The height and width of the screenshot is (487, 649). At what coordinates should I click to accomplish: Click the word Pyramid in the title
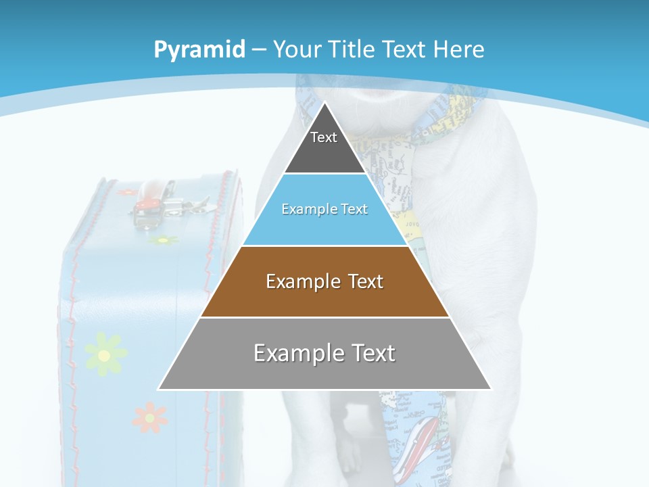(x=199, y=50)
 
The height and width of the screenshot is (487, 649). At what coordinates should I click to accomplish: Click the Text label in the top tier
(x=324, y=137)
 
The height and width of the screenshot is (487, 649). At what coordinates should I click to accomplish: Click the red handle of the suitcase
(x=150, y=196)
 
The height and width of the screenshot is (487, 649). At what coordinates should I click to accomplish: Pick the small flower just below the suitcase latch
(x=163, y=240)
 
